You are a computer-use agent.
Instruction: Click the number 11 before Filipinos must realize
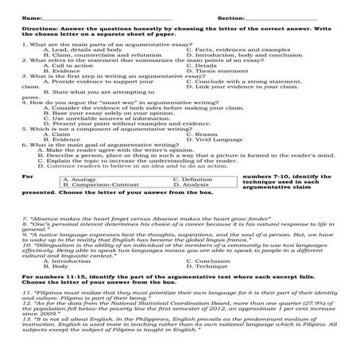point(26,293)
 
